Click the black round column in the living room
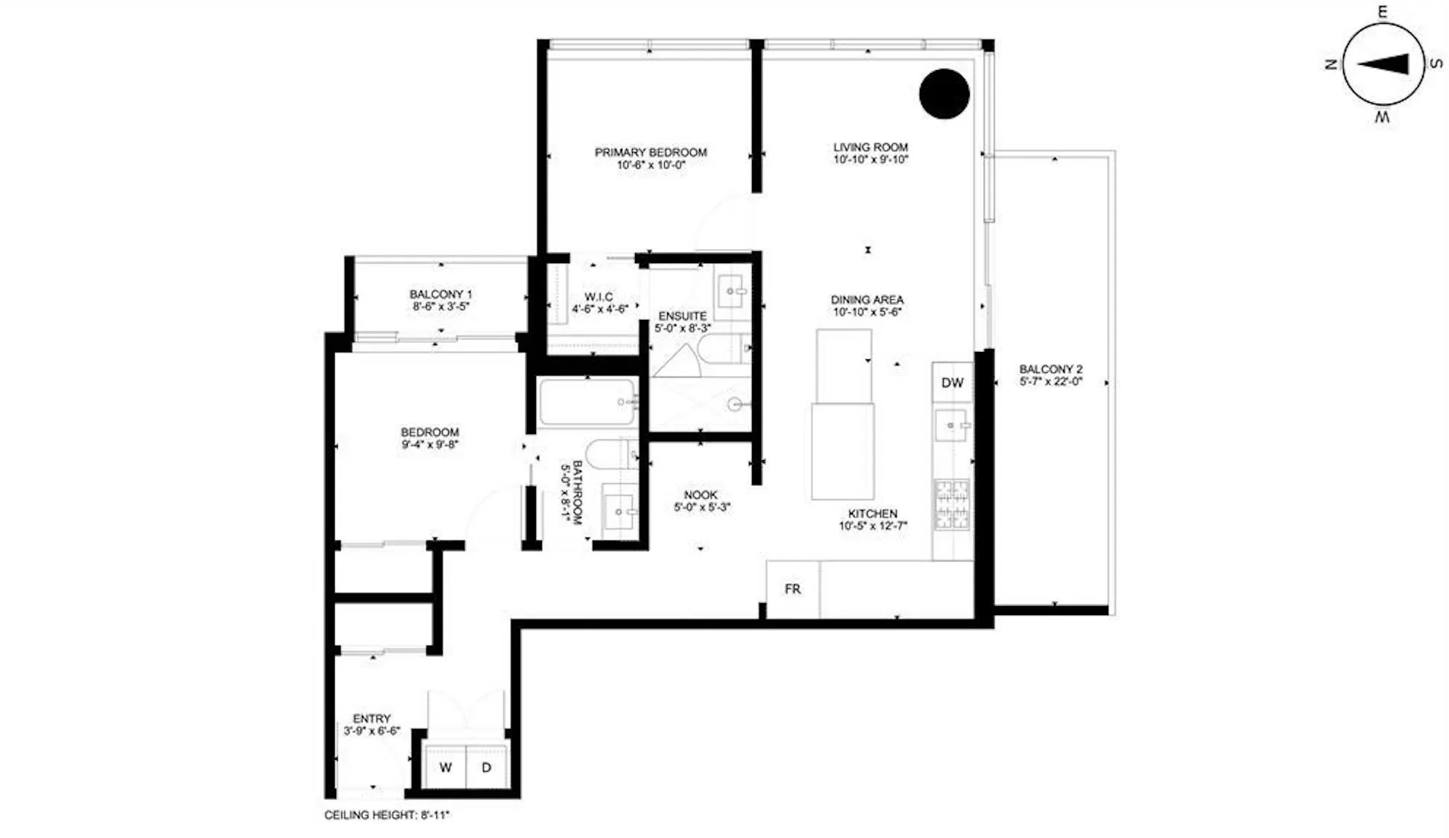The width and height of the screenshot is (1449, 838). [944, 94]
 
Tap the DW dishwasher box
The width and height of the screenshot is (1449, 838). [952, 382]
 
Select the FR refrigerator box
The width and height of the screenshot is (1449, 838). [792, 589]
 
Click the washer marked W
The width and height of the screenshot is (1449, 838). [445, 767]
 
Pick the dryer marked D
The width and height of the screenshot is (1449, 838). [487, 767]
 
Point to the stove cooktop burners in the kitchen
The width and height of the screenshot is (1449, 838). [952, 505]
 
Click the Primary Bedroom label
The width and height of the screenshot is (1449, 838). [651, 152]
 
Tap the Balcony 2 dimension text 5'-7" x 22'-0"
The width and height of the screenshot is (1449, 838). [1051, 382]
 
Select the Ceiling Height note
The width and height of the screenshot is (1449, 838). [387, 815]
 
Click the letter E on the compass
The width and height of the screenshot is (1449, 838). [1382, 12]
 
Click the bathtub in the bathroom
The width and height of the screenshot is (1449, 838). [587, 403]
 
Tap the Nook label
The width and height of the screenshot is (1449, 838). [701, 495]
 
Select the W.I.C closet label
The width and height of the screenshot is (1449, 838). [599, 297]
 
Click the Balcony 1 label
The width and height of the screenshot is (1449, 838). [441, 294]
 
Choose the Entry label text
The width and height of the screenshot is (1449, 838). [372, 719]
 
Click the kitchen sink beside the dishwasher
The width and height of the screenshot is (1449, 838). [952, 426]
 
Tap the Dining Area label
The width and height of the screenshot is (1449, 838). [867, 300]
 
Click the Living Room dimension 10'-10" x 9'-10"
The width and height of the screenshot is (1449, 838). [871, 160]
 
